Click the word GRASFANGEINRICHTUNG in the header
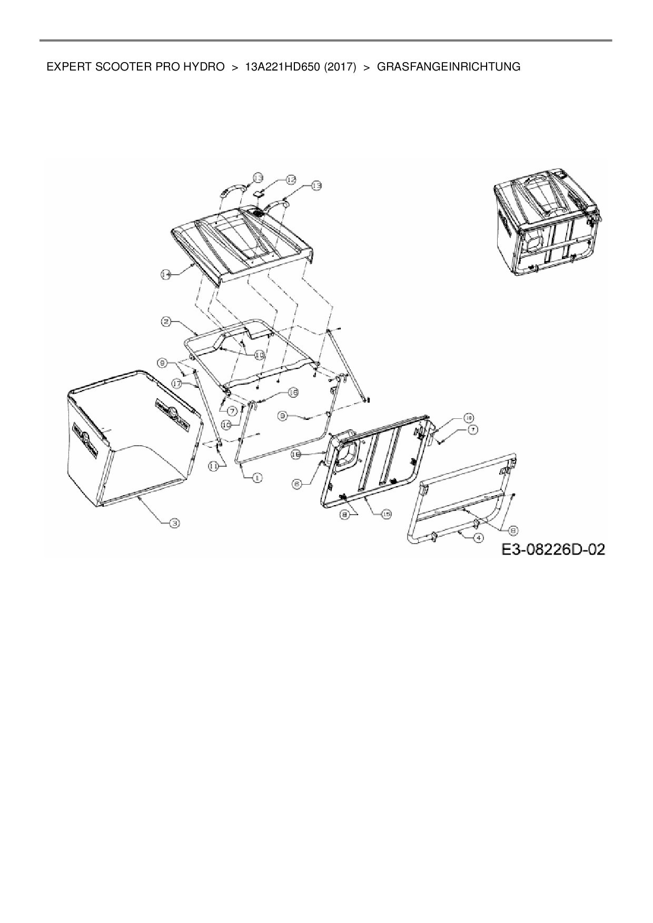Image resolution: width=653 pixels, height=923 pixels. point(449,67)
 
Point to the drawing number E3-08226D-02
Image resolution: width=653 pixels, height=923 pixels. point(552,550)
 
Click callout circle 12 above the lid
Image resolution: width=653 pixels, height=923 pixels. point(291,180)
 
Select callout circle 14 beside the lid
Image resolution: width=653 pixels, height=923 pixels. point(166,274)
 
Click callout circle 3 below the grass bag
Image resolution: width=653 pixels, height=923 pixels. point(173,522)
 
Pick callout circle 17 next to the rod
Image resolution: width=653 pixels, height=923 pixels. point(176,384)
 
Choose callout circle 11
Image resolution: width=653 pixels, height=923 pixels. point(213,466)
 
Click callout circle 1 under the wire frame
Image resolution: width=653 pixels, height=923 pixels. point(258,477)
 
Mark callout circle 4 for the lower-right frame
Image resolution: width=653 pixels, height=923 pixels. point(478,538)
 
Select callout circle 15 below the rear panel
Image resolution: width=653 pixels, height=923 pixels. point(386,514)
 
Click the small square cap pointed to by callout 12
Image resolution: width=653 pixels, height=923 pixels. point(258,194)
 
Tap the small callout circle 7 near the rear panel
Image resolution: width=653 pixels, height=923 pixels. point(473,430)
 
